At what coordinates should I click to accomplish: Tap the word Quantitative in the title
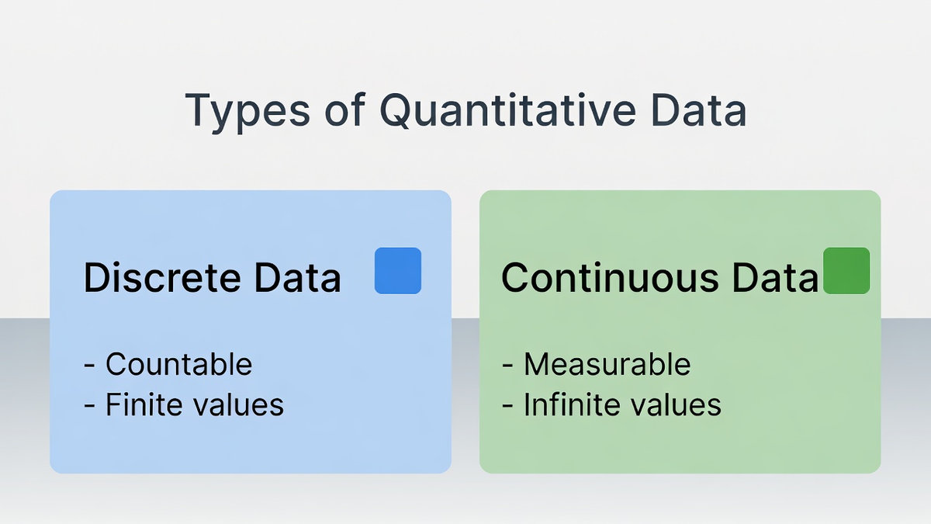click(x=507, y=110)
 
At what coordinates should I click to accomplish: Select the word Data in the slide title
click(x=699, y=110)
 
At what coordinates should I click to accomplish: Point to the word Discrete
click(x=162, y=277)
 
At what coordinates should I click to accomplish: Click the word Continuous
click(x=610, y=277)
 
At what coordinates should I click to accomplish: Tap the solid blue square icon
click(x=398, y=271)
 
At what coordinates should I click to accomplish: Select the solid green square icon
click(x=846, y=271)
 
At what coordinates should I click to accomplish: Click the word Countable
click(x=178, y=364)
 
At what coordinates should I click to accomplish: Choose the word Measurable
click(x=607, y=364)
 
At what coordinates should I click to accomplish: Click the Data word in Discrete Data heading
click(x=298, y=277)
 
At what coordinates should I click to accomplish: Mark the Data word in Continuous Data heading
click(x=775, y=277)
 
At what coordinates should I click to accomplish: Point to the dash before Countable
click(x=89, y=366)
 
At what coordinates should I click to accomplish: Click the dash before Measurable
click(x=507, y=366)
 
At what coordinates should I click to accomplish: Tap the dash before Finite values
click(x=89, y=406)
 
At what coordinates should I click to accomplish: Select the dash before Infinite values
click(x=507, y=406)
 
